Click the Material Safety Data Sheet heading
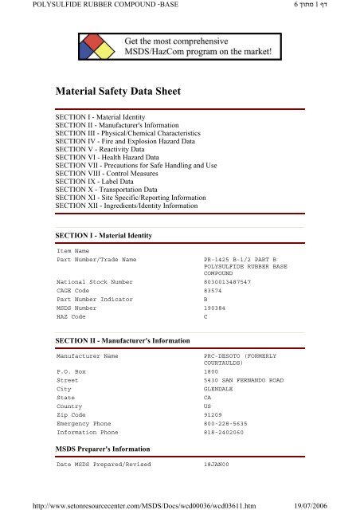[118, 92]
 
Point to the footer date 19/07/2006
[334, 504]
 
